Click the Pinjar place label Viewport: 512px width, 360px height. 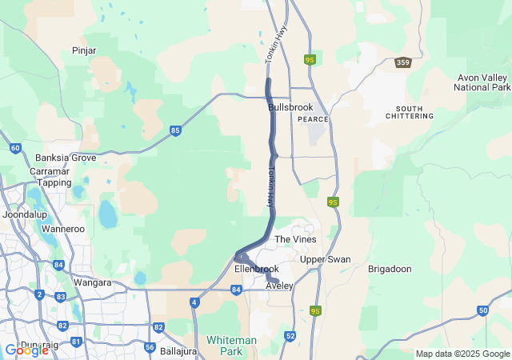tap(84, 50)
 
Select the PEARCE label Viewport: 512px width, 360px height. tap(313, 119)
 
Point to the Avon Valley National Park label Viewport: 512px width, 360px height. tap(482, 82)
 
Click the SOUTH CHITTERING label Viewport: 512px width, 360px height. tap(414, 112)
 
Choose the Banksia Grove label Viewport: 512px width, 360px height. tap(66, 158)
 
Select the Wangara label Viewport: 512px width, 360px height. tap(92, 282)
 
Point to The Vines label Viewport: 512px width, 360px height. tap(295, 239)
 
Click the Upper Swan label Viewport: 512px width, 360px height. tap(325, 259)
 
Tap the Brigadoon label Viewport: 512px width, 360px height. tap(389, 270)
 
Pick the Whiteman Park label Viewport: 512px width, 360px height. tap(231, 346)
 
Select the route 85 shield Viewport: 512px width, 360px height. tap(175, 130)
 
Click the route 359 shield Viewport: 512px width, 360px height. tap(403, 62)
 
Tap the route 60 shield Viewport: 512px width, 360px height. tap(15, 148)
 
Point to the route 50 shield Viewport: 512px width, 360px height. tap(482, 310)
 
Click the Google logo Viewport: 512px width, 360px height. tap(26, 350)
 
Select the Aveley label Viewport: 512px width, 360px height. tap(280, 286)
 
